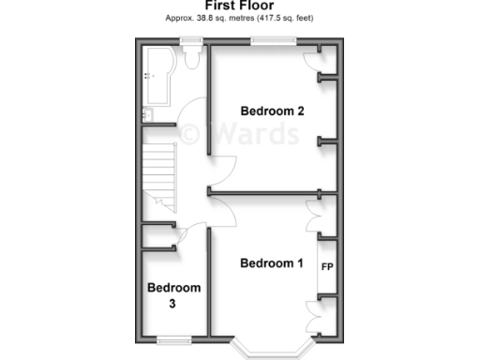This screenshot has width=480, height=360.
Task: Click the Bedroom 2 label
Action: [272, 112]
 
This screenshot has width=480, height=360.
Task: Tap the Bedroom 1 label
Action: [272, 262]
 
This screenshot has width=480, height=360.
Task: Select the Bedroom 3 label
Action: [173, 295]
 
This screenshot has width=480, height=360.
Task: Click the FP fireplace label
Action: [328, 267]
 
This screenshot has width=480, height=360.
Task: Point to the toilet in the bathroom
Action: [192, 58]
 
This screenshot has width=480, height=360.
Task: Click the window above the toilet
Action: [192, 40]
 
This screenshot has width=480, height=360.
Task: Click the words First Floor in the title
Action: [239, 6]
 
